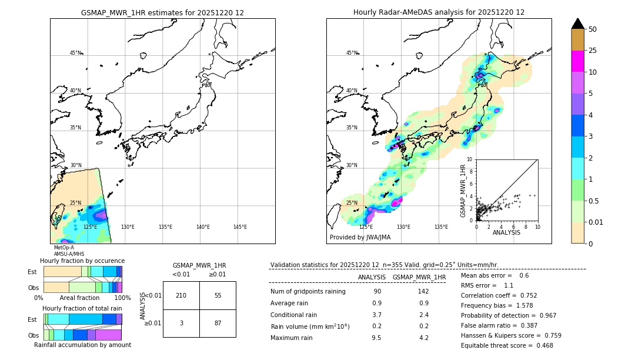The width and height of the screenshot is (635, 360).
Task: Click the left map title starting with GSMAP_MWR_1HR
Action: click(162, 12)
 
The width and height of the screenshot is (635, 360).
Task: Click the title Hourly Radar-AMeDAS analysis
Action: click(439, 12)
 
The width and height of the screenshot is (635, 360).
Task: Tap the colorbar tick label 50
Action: click(593, 29)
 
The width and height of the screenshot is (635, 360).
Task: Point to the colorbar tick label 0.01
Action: click(596, 222)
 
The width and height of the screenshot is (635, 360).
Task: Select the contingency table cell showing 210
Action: click(181, 295)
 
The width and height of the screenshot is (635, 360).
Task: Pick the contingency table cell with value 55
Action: click(218, 295)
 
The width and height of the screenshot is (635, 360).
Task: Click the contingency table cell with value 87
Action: click(218, 324)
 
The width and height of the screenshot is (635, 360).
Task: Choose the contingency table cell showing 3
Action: click(181, 324)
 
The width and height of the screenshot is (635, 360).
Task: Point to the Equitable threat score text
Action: click(507, 345)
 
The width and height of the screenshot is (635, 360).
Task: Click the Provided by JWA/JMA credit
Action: click(360, 237)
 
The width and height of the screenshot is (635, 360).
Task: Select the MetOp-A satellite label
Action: click(63, 248)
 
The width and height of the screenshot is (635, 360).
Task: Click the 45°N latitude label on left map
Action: click(75, 53)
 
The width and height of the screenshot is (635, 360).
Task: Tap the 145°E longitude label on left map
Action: click(240, 227)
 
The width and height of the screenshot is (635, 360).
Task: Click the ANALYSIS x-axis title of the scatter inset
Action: click(506, 232)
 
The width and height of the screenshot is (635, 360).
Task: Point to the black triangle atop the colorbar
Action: click(578, 24)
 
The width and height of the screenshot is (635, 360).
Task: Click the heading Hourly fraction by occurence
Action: click(82, 261)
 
